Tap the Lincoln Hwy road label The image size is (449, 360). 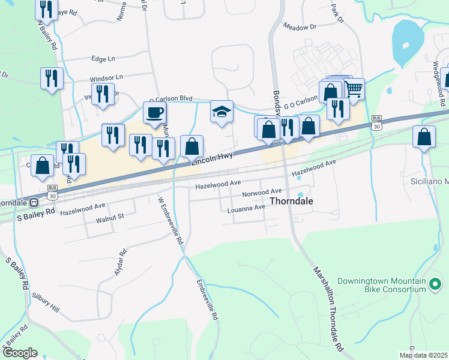pyautogui.click(x=212, y=157)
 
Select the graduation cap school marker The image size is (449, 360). pyautogui.click(x=221, y=112)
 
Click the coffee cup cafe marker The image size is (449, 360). pyautogui.click(x=154, y=112)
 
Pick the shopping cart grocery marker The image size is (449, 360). pyautogui.click(x=354, y=89)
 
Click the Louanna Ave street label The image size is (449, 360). pyautogui.click(x=246, y=208)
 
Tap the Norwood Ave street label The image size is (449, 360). pyautogui.click(x=262, y=194)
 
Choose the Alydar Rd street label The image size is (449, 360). pyautogui.click(x=121, y=262)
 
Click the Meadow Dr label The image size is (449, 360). pyautogui.click(x=300, y=28)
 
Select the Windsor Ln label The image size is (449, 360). pyautogui.click(x=106, y=78)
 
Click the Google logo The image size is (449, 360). pyautogui.click(x=19, y=353)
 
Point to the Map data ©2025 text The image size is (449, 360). pyautogui.click(x=424, y=355)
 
